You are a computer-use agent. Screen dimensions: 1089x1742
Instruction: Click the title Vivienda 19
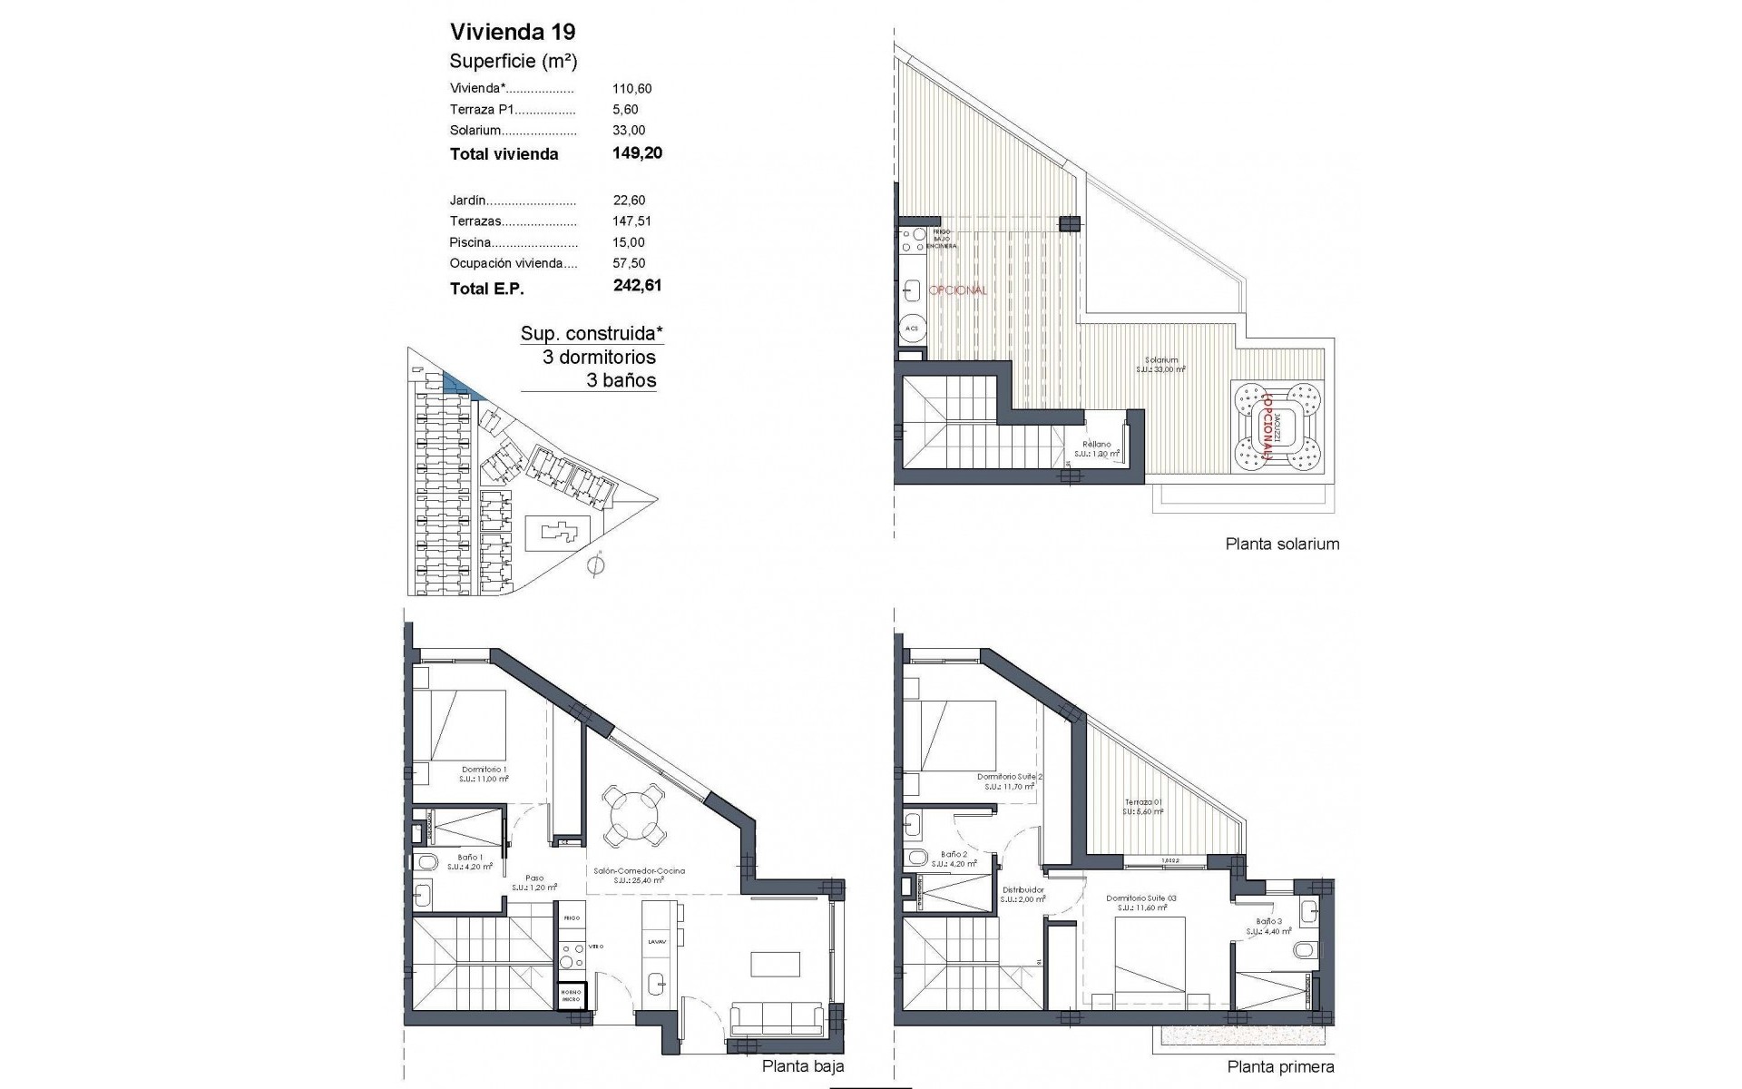coord(513,32)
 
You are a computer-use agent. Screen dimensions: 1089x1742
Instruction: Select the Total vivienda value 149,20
coord(637,152)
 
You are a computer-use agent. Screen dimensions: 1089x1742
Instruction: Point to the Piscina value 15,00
coord(629,242)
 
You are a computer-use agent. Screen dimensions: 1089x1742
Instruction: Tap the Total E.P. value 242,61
coord(637,285)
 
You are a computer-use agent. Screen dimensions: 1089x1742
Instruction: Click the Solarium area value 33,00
coord(629,130)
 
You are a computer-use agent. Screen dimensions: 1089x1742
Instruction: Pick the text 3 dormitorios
coord(599,357)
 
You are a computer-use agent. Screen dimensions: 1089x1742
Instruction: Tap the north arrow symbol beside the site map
coord(595,566)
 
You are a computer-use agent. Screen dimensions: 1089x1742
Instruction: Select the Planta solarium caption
coord(1282,544)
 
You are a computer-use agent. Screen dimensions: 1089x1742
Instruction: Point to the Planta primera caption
coord(1280,1067)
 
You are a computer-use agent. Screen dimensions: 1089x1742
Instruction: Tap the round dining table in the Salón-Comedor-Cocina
coord(631,815)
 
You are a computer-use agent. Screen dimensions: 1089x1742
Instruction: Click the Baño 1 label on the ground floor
coord(470,858)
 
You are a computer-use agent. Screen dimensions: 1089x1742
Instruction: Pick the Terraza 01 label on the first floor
coord(1142,802)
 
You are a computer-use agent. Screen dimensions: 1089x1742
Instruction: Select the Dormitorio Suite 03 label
coord(1141,898)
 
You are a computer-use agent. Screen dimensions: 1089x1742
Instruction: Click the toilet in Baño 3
coord(1304,950)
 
